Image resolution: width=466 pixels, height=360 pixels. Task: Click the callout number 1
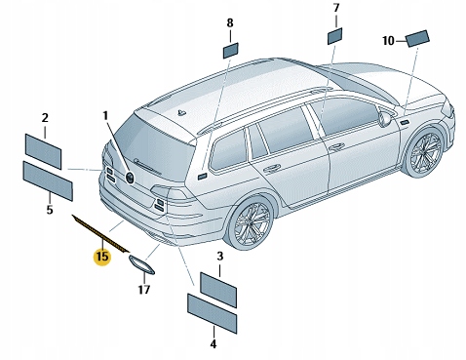[105, 116]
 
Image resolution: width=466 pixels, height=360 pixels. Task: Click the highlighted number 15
[101, 258]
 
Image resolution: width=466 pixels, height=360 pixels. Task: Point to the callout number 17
[143, 290]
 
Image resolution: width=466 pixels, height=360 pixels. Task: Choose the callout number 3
[219, 257]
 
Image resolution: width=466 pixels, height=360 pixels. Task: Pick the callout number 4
[213, 343]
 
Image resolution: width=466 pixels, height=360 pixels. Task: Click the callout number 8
[230, 22]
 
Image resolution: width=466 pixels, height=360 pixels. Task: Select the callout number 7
[335, 9]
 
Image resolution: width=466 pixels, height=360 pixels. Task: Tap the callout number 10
[388, 41]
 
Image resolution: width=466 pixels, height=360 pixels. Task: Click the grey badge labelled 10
[418, 38]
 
